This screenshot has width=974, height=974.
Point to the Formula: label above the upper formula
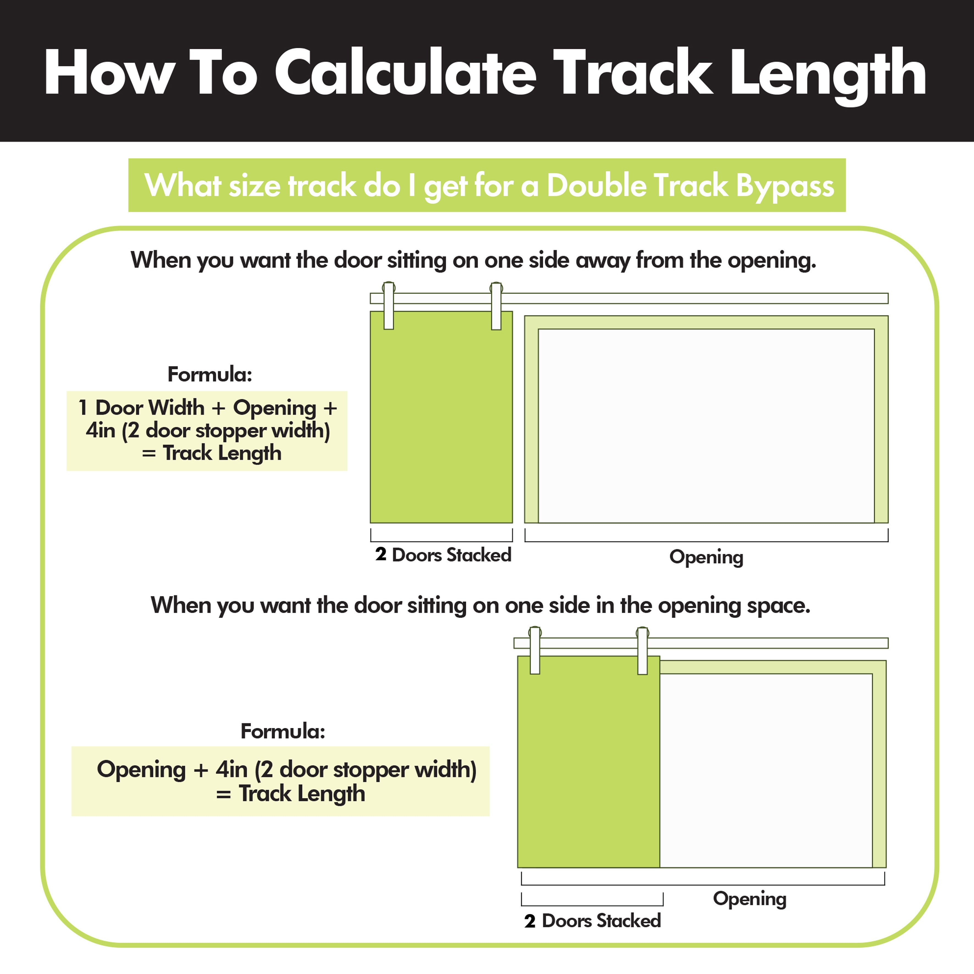tap(210, 375)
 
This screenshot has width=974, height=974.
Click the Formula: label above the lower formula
tap(283, 732)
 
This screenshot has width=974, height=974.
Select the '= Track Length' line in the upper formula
tap(212, 453)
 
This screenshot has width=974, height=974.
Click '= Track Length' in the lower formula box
tap(290, 794)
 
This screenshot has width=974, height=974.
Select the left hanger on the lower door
tap(535, 650)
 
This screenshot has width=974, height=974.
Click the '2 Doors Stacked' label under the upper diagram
tap(443, 554)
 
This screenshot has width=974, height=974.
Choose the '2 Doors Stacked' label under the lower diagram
tap(592, 921)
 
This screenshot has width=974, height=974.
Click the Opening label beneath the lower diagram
tap(750, 899)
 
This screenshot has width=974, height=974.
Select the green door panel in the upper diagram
tap(442, 417)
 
